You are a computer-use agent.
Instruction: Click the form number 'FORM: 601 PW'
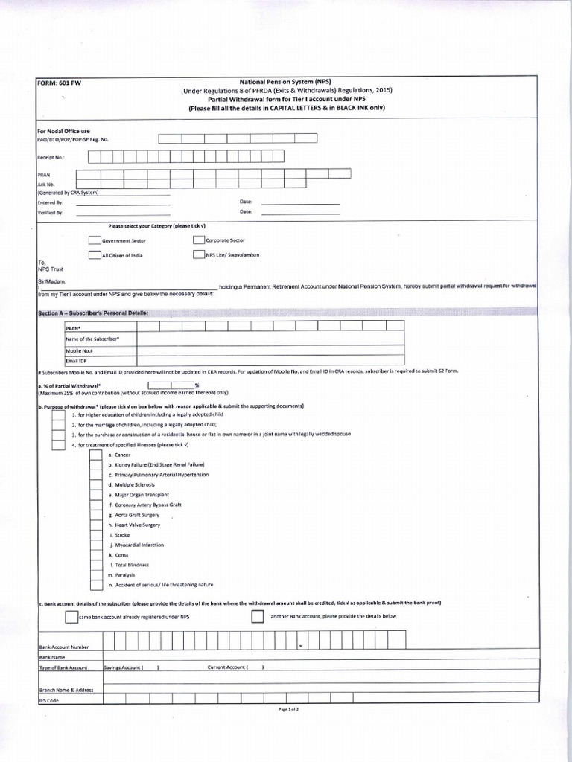[x=60, y=83]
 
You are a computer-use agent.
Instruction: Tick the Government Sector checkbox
[x=95, y=240]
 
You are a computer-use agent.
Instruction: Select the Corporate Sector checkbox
[x=199, y=240]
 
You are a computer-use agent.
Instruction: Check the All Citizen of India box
[x=95, y=255]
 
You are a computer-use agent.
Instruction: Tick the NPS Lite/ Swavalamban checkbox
[x=199, y=255]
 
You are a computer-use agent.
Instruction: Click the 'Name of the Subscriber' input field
[x=270, y=339]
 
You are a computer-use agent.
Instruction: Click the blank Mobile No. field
[x=270, y=350]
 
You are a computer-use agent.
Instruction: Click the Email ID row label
[x=77, y=361]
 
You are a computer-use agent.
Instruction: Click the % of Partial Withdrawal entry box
[x=171, y=385]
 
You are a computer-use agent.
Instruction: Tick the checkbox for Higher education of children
[x=58, y=414]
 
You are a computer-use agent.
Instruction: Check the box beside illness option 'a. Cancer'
[x=95, y=455]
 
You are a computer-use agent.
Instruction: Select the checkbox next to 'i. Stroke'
[x=95, y=535]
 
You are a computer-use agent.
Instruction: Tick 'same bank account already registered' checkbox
[x=71, y=617]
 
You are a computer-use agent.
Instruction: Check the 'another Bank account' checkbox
[x=258, y=617]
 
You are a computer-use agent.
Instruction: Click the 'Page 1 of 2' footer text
[x=288, y=711]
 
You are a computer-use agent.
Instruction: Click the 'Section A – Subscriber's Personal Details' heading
[x=93, y=313]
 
